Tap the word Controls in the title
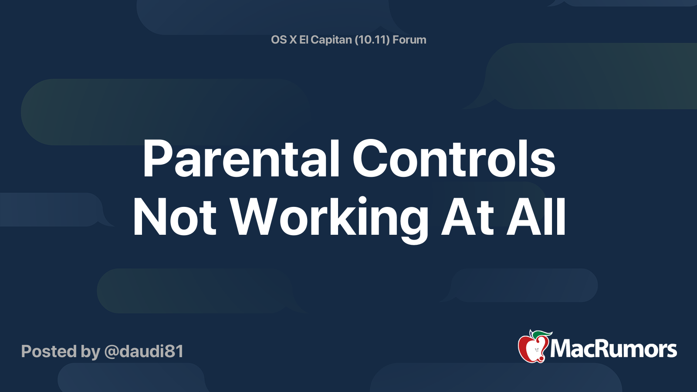(454, 159)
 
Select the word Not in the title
(175, 216)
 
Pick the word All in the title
(536, 216)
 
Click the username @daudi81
(144, 351)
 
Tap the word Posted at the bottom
(49, 351)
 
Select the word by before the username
(91, 352)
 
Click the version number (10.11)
(372, 40)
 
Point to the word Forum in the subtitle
(409, 40)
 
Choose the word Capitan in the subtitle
(331, 40)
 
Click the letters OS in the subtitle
(279, 40)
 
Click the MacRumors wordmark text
(613, 349)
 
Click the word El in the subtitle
(303, 40)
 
